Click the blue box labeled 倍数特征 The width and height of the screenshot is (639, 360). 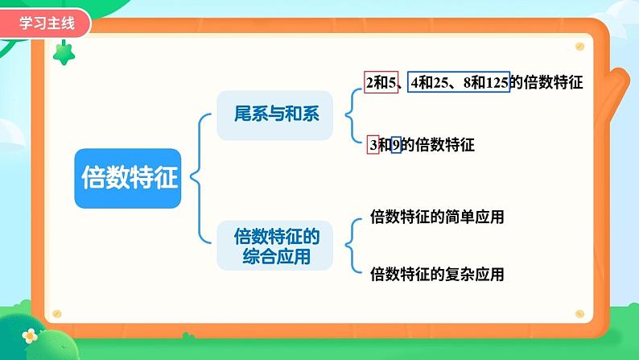click(129, 179)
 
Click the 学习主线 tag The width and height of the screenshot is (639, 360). click(45, 23)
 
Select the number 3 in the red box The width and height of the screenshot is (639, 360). click(373, 145)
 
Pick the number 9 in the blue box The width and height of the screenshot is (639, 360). click(396, 145)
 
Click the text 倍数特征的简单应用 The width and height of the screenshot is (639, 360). click(436, 217)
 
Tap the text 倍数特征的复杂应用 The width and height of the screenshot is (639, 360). click(436, 275)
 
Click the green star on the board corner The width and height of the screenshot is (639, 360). click(63, 53)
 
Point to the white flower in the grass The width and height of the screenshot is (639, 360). click(30, 335)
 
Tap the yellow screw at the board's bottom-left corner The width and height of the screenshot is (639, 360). click(56, 313)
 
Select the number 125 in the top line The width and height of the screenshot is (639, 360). click(496, 82)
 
